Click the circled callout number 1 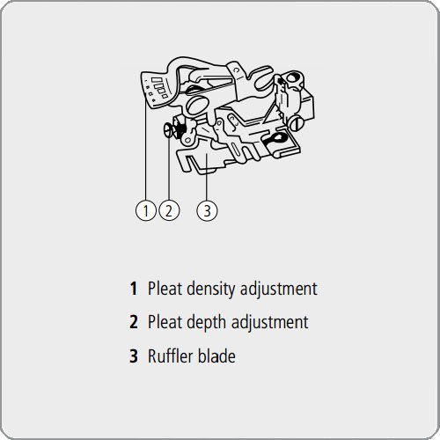(x=146, y=210)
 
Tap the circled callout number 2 (x=169, y=210)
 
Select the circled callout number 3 (x=207, y=210)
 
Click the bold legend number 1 (x=134, y=289)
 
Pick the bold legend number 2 (x=134, y=322)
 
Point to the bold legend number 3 (x=134, y=356)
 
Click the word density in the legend (x=211, y=290)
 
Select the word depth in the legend (x=207, y=323)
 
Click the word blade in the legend (x=216, y=356)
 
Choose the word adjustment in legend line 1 (x=279, y=290)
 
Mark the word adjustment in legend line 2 (x=269, y=323)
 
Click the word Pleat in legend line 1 (x=165, y=289)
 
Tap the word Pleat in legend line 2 (x=165, y=322)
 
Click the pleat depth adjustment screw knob (x=168, y=130)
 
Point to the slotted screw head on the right (x=297, y=123)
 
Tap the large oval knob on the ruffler (x=197, y=105)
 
